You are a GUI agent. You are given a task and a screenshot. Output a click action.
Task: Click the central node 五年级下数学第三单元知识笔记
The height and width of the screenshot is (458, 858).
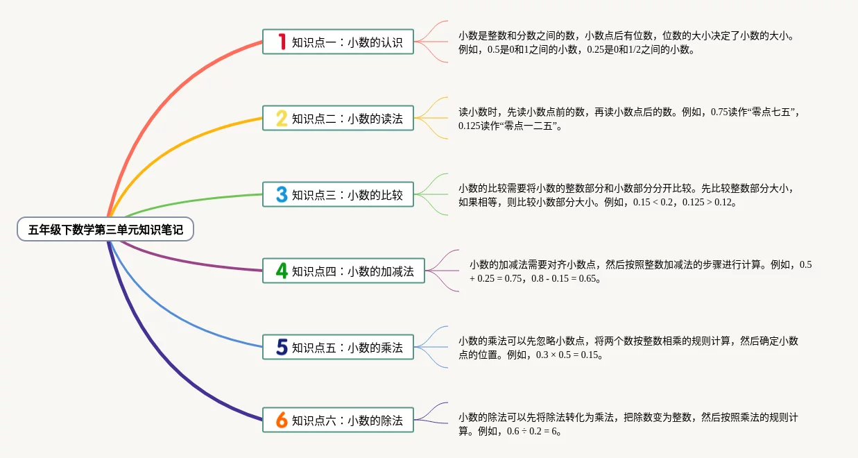pos(105,230)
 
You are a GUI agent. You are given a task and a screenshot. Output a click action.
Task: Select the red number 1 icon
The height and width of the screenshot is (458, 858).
pos(282,42)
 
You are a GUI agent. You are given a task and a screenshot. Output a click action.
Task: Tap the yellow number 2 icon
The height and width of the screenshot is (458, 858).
pos(282,118)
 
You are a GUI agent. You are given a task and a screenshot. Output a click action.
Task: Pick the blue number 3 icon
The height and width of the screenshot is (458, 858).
pos(282,194)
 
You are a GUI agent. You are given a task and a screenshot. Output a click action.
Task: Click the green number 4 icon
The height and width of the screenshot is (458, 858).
pos(282,271)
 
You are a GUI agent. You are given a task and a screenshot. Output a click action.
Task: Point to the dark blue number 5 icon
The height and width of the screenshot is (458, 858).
pos(282,347)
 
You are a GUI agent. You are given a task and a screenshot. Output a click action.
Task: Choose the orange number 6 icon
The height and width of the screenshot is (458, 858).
pos(282,420)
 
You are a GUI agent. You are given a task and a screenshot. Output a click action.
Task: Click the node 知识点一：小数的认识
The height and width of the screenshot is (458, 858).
pos(347,42)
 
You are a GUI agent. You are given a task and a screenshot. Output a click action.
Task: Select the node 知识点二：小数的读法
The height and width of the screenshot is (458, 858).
pos(347,119)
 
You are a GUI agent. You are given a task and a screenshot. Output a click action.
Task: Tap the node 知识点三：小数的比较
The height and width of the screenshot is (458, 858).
pos(347,195)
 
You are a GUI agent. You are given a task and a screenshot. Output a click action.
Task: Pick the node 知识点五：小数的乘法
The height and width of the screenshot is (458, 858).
pos(347,348)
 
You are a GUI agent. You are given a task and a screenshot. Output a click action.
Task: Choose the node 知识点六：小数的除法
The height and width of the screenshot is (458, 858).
pos(347,421)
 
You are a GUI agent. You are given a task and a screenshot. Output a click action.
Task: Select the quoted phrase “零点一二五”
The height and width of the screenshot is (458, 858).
pos(531,126)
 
